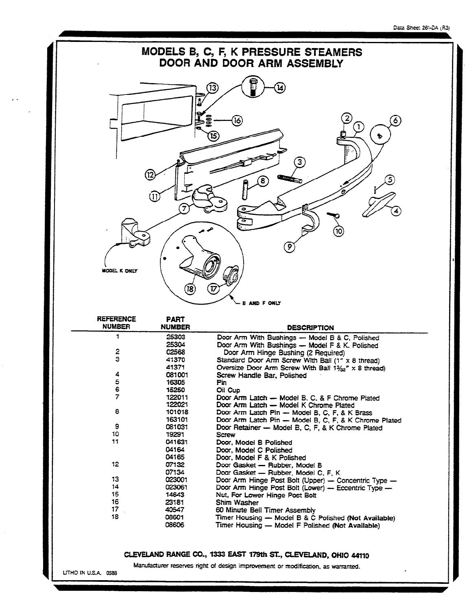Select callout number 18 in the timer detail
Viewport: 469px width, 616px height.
click(190, 289)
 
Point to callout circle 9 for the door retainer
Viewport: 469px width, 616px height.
click(289, 247)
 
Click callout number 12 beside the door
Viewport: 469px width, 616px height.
click(151, 175)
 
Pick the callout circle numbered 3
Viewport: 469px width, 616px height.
click(300, 163)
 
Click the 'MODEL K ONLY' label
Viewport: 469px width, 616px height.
click(119, 272)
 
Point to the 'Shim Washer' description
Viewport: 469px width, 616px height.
click(237, 502)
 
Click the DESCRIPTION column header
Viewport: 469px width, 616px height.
click(310, 327)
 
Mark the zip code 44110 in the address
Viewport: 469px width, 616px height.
click(360, 555)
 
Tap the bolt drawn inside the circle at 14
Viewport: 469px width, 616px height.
click(251, 87)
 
